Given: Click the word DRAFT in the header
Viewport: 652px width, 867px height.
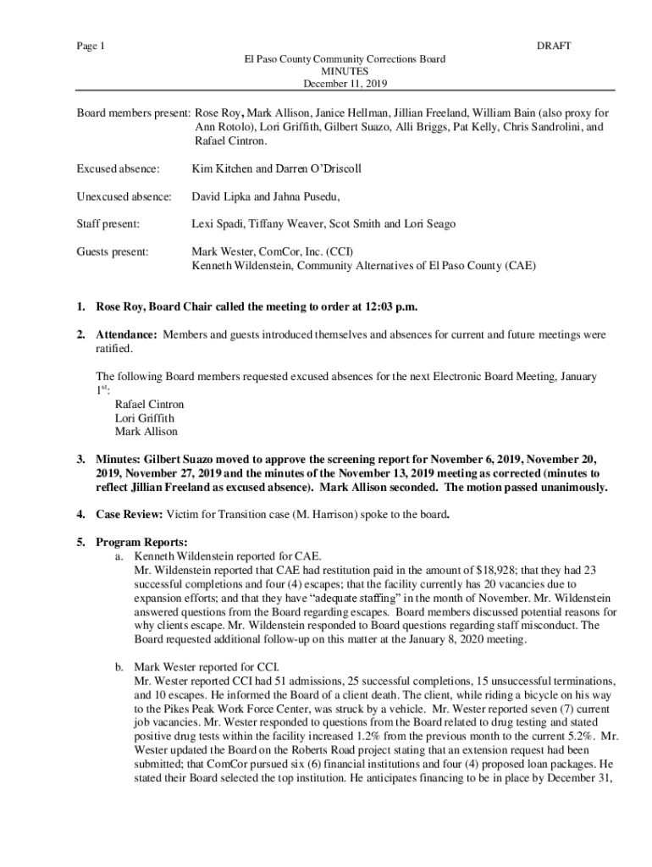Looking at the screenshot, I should (554, 46).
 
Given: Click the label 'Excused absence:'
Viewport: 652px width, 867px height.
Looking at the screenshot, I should (118, 168).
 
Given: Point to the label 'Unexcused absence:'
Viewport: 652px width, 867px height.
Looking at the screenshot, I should (124, 196).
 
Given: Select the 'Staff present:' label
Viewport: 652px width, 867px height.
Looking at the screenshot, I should (108, 224).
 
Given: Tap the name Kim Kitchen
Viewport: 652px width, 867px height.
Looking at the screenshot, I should (220, 168).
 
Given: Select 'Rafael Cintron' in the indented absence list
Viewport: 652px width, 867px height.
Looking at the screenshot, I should (149, 404).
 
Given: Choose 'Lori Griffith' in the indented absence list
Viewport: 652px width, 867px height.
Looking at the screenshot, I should (145, 417).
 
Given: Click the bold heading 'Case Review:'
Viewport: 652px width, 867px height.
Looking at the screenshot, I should (129, 514).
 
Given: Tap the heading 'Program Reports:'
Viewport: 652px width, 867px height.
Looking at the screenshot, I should (141, 542).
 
